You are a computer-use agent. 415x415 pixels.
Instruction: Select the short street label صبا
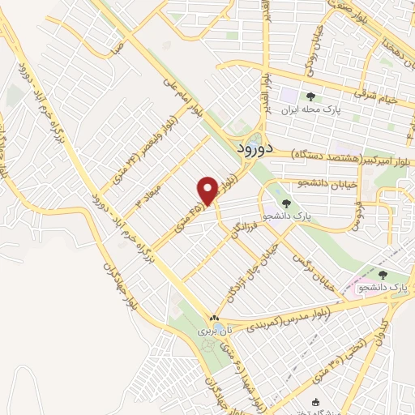118,48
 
